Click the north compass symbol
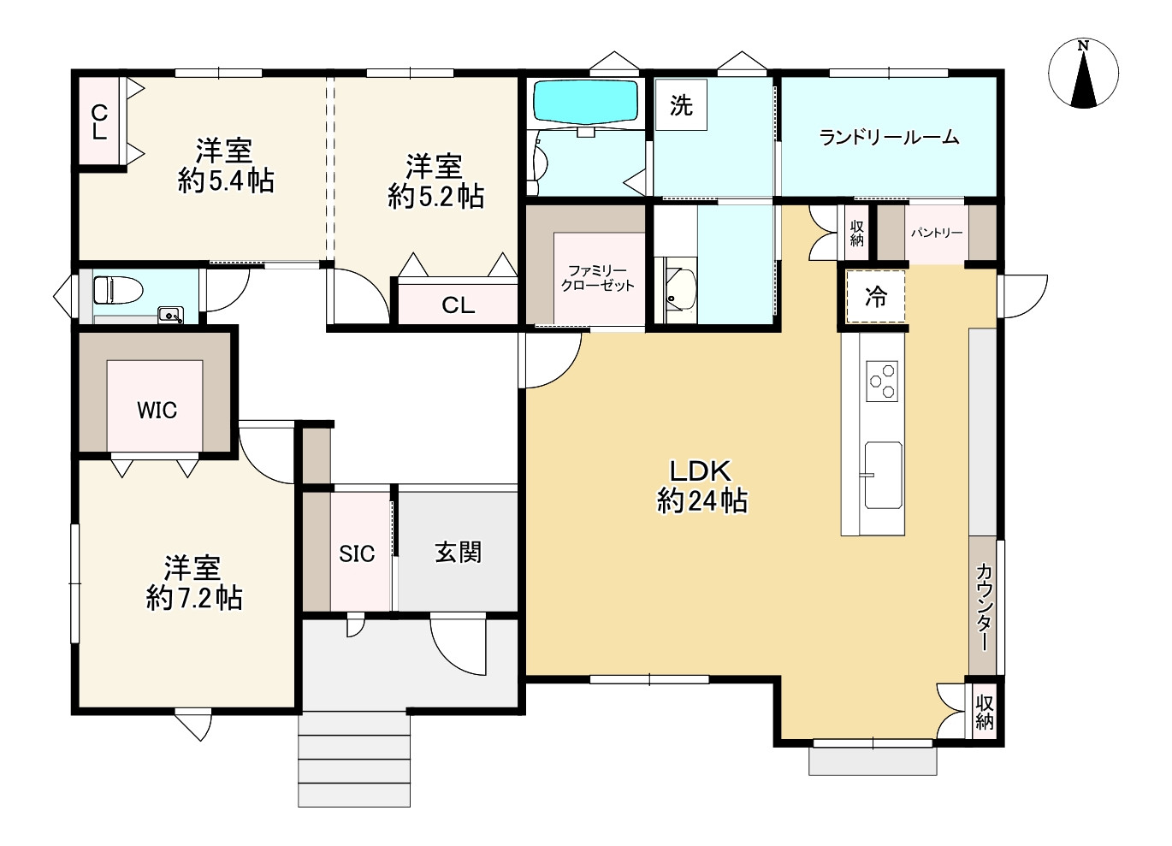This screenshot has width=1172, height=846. tap(1083, 74)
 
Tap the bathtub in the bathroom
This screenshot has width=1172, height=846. tap(585, 103)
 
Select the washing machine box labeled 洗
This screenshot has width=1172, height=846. tap(681, 104)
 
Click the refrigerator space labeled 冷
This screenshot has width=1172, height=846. tap(876, 297)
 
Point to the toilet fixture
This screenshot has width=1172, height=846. tap(118, 290)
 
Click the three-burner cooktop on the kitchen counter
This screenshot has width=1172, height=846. tap(882, 382)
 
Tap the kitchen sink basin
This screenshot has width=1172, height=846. tap(883, 475)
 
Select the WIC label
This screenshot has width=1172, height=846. tap(157, 411)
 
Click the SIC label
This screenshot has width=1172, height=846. tap(357, 553)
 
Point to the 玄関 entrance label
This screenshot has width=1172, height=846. tap(458, 553)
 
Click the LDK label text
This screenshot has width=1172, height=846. tap(701, 471)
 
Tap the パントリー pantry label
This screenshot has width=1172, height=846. tap(937, 233)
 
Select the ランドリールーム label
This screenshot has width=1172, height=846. tap(889, 138)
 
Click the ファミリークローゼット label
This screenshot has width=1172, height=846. tap(597, 278)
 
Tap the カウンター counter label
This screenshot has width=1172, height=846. tap(984, 606)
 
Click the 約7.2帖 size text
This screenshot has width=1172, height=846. tap(194, 598)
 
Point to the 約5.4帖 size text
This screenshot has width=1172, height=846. tap(226, 181)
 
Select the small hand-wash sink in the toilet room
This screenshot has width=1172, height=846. tap(170, 315)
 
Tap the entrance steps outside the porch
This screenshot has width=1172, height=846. tap(354, 759)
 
